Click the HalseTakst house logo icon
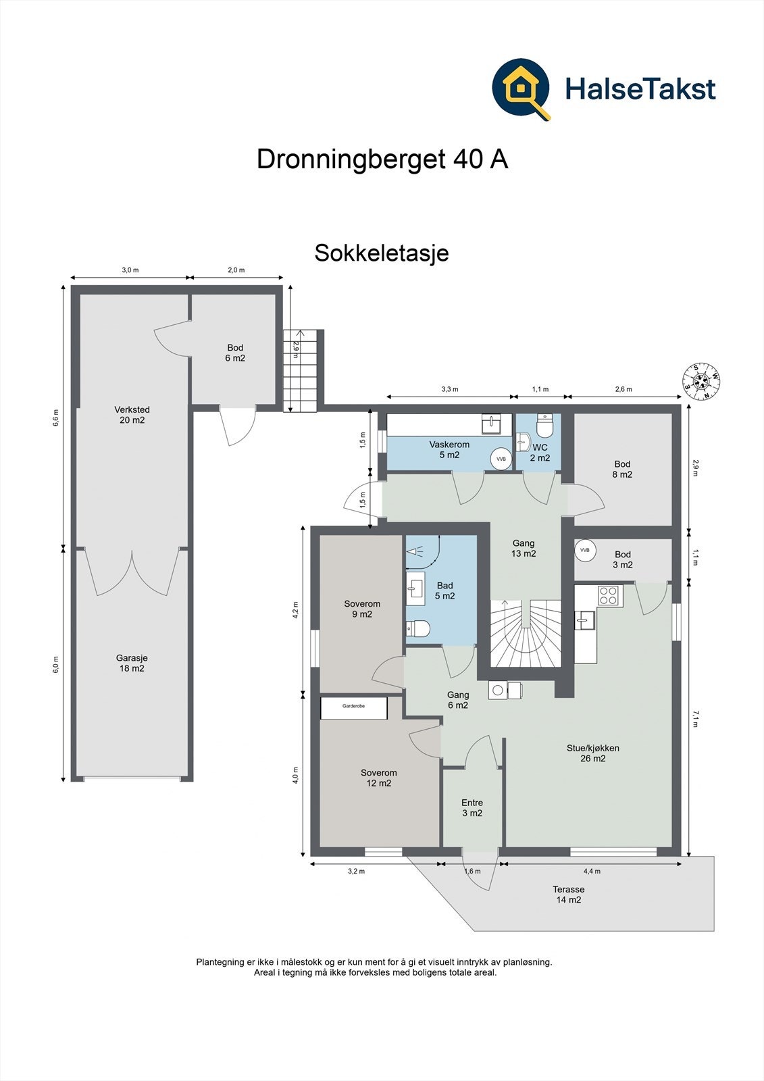pyautogui.click(x=521, y=89)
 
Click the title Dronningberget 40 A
pyautogui.click(x=382, y=159)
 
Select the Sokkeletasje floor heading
pyautogui.click(x=382, y=253)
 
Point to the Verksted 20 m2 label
pyautogui.click(x=132, y=415)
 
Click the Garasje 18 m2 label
pyautogui.click(x=132, y=663)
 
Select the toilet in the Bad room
pyautogui.click(x=418, y=628)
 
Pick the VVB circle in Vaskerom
pyautogui.click(x=501, y=459)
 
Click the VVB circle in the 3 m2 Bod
pyautogui.click(x=584, y=549)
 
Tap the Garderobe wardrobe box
pyautogui.click(x=354, y=707)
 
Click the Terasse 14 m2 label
pyautogui.click(x=569, y=895)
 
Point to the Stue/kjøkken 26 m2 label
pyautogui.click(x=592, y=753)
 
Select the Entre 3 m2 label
pyautogui.click(x=472, y=807)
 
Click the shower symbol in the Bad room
pyautogui.click(x=415, y=550)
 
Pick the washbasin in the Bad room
pyautogui.click(x=415, y=588)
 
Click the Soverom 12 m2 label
pyautogui.click(x=379, y=778)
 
